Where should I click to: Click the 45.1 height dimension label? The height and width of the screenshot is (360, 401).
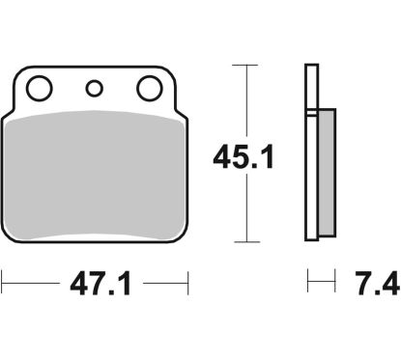[243, 157]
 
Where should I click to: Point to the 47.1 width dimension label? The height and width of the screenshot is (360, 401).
[100, 284]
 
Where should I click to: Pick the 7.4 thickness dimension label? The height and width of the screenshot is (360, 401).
[377, 284]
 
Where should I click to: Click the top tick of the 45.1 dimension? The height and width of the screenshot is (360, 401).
[245, 66]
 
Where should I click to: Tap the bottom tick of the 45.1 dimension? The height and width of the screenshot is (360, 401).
[247, 241]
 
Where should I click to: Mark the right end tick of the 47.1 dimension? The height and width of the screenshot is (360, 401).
[187, 283]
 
